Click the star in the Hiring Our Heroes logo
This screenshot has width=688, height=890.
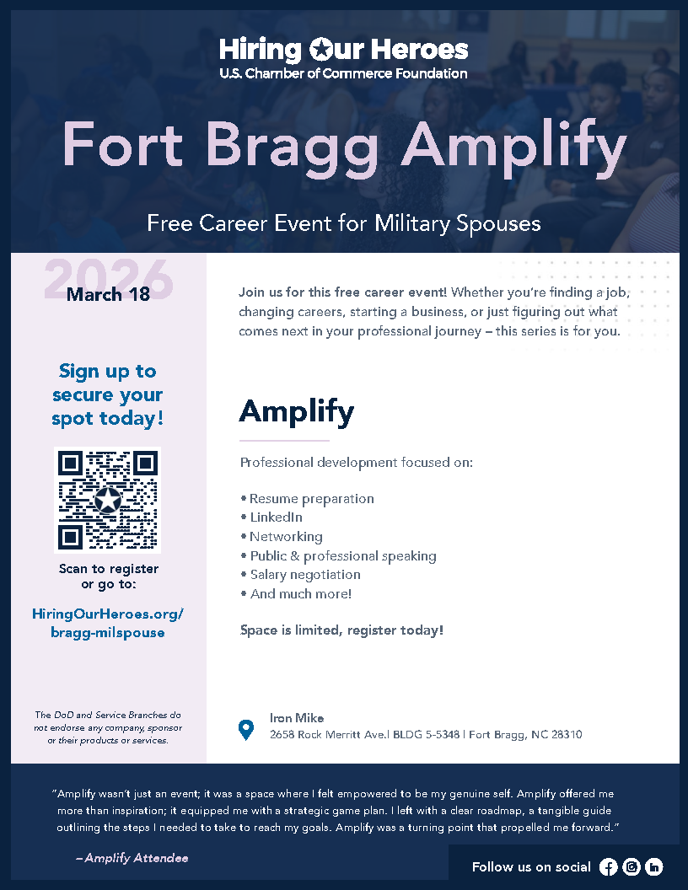[321, 50]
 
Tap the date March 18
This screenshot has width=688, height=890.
[108, 294]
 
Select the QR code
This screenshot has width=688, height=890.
[108, 500]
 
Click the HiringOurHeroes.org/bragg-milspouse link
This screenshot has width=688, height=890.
[108, 623]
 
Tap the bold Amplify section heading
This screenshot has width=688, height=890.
[297, 411]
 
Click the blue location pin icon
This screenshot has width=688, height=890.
[246, 730]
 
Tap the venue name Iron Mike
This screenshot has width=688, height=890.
[297, 718]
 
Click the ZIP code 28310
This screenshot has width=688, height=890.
[564, 735]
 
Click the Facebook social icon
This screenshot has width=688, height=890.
[608, 867]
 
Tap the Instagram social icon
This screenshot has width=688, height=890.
[631, 867]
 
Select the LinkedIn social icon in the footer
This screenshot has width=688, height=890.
[653, 867]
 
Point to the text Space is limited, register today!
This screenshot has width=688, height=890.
[341, 630]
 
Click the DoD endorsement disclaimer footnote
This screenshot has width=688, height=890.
[108, 727]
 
